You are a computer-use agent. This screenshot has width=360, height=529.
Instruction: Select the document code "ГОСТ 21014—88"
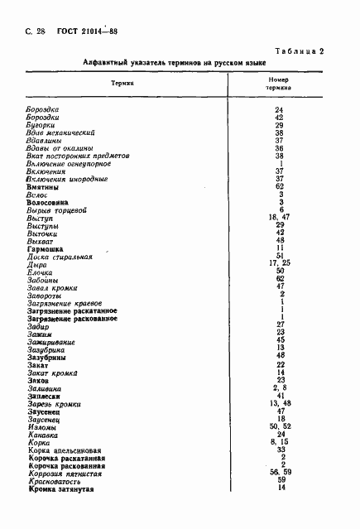click(x=86, y=31)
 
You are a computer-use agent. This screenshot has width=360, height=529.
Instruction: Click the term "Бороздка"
click(x=45, y=110)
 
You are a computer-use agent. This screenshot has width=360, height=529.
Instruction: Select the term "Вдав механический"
click(x=61, y=132)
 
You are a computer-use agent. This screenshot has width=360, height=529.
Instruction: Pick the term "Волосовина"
click(x=47, y=202)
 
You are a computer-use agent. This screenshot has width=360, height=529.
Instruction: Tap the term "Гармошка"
click(x=45, y=248)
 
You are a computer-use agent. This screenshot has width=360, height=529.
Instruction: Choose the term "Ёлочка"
click(x=41, y=272)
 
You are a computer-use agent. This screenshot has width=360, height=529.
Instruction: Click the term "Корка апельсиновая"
click(x=65, y=450)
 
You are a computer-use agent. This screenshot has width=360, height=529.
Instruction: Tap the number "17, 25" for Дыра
click(x=281, y=263)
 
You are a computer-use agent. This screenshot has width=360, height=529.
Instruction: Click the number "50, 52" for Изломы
click(x=281, y=426)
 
